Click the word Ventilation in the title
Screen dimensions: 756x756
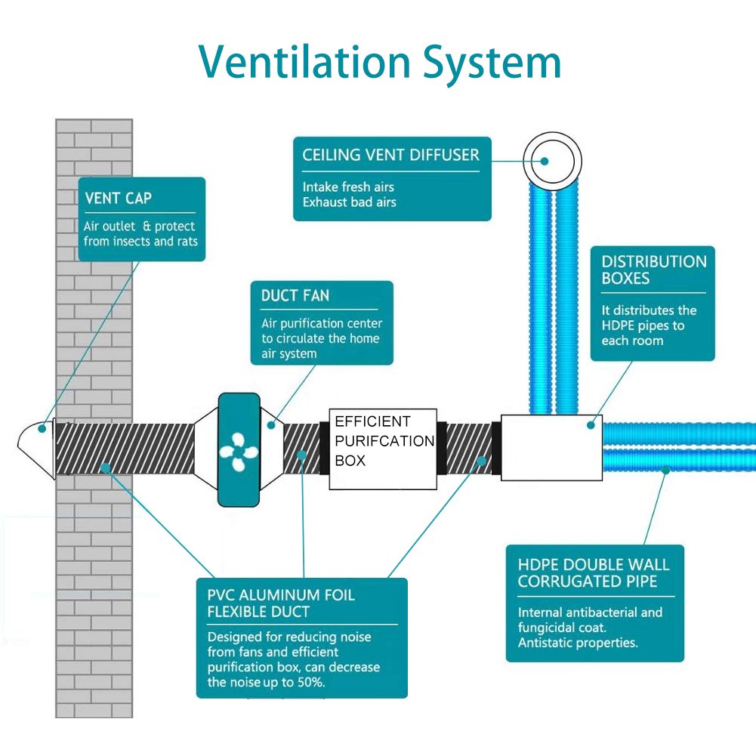point(304,62)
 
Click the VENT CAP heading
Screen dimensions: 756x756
point(118,198)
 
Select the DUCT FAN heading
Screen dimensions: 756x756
point(295,295)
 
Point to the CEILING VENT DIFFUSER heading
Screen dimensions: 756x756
point(390,155)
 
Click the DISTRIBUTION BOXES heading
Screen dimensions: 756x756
point(654,270)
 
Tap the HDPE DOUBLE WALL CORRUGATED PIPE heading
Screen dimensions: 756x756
point(594,572)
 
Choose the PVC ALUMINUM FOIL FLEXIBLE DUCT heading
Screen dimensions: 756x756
point(281,603)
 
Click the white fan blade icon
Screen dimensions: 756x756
point(238,452)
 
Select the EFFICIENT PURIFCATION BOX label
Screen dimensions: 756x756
point(384,440)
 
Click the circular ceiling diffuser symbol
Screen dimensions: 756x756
point(553,161)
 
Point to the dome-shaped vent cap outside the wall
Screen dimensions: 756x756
point(37,449)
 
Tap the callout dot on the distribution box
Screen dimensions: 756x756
point(591,424)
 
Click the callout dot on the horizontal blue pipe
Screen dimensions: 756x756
point(665,470)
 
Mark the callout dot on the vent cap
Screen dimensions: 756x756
point(42,428)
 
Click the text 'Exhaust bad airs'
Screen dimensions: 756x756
point(350,202)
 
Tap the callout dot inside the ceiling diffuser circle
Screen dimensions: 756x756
point(545,161)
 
